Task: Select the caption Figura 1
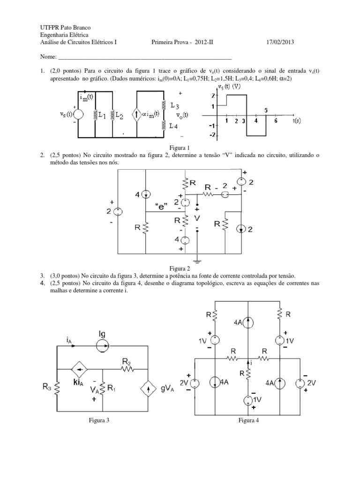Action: tap(180, 147)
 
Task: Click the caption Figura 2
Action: tap(180, 269)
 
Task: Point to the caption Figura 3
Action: tap(99, 420)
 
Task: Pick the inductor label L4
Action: tap(174, 127)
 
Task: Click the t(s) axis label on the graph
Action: tap(297, 120)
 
